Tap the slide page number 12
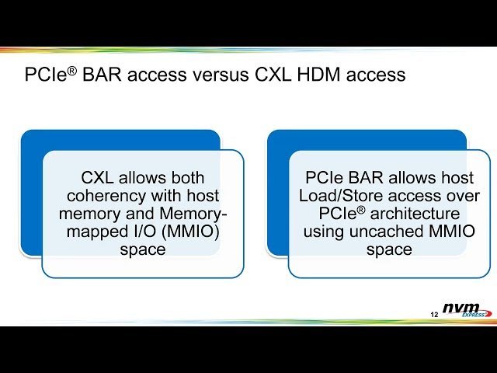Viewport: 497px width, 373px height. click(434, 314)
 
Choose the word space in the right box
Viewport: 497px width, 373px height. click(389, 249)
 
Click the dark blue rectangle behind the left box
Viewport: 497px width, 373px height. click(31, 194)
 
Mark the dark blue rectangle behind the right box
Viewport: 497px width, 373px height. click(277, 194)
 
